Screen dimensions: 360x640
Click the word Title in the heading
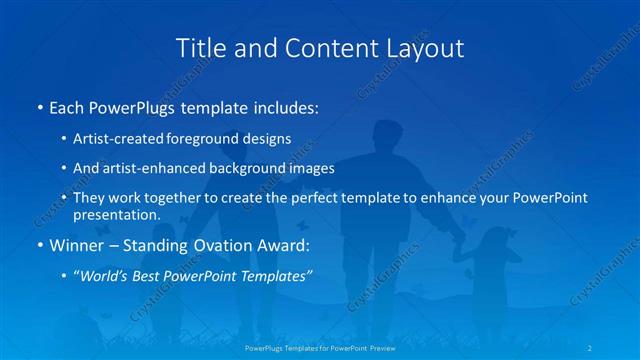tap(200, 47)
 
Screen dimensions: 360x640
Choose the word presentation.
tap(117, 214)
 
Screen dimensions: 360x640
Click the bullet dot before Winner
tap(39, 244)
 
